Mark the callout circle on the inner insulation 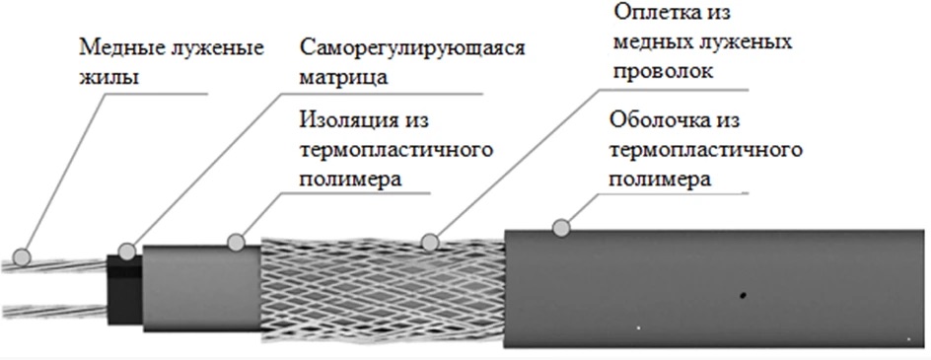tap(236, 242)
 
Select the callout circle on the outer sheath tap(561, 228)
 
